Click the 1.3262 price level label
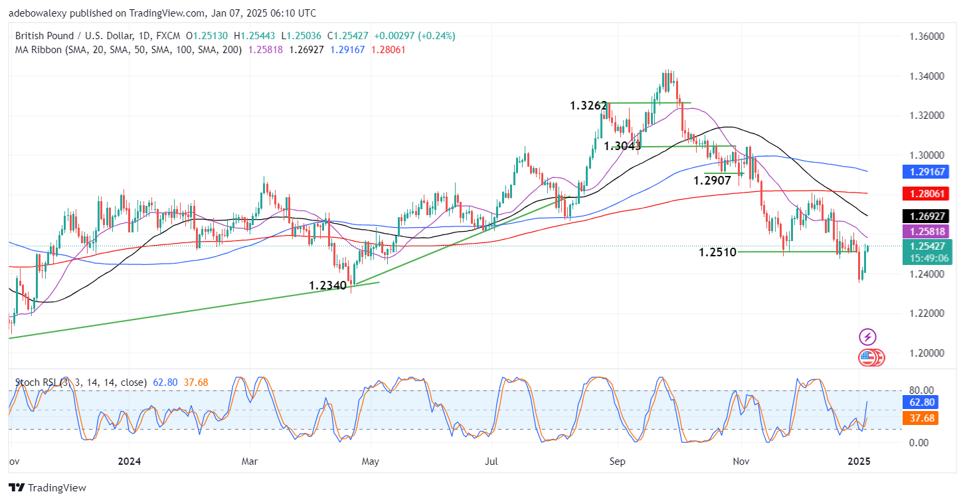(588, 105)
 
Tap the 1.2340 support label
(327, 286)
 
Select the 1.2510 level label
(717, 252)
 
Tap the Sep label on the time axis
(618, 461)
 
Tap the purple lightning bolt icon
(867, 337)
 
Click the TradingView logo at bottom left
(48, 488)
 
